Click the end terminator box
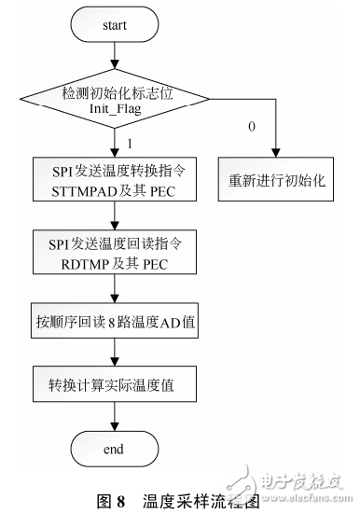114,448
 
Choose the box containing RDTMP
114,255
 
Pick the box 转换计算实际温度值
114,383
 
